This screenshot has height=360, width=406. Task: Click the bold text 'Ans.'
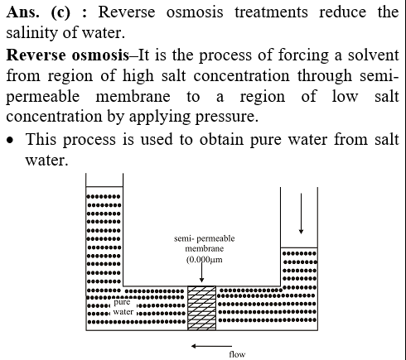tap(22, 12)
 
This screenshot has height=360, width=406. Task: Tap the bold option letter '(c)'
tap(60, 13)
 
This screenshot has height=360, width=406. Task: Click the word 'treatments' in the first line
tap(271, 12)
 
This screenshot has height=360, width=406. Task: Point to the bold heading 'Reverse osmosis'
tap(68, 55)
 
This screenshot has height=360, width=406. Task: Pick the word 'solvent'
tap(373, 55)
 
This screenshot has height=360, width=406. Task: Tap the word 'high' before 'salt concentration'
tap(138, 75)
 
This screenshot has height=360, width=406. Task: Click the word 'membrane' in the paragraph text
tap(133, 96)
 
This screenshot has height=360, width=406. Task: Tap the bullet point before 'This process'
tap(10, 141)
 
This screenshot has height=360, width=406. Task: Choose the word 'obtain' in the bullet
tap(221, 139)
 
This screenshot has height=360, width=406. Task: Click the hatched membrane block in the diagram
tap(201, 308)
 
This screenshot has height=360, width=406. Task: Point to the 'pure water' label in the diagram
tap(123, 307)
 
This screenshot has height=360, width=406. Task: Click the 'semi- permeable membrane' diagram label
tap(205, 243)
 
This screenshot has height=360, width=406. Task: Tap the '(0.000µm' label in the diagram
tap(205, 260)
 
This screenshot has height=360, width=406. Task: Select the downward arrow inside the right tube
tap(301, 214)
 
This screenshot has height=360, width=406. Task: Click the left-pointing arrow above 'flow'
tap(211, 346)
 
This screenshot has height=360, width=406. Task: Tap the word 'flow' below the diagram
tap(237, 354)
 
